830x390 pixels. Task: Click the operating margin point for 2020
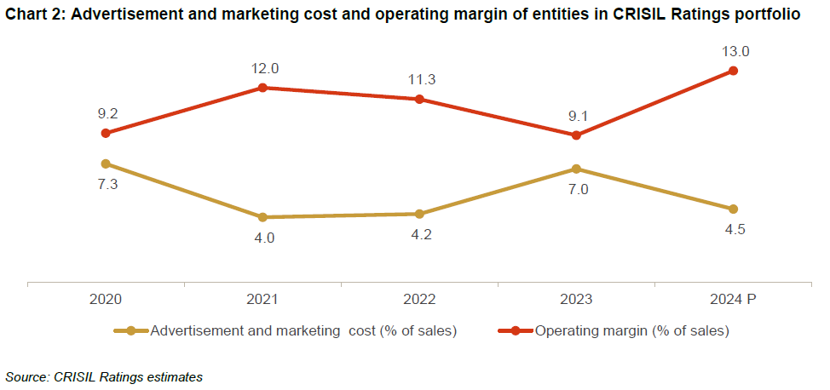pos(106,133)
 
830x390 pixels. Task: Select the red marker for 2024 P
pos(733,71)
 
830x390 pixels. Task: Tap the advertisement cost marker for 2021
pos(262,217)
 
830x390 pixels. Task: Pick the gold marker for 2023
pos(576,169)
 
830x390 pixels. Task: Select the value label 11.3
pos(421,80)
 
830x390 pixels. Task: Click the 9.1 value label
pos(577,116)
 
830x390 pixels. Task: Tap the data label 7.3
pos(106,184)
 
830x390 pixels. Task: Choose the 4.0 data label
pos(263,238)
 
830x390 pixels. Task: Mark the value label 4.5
pos(734,229)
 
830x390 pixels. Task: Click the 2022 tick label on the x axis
pos(419,300)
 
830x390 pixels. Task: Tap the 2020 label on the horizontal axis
pos(106,300)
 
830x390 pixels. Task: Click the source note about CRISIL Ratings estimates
pos(104,376)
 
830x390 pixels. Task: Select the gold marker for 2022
pos(419,214)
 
